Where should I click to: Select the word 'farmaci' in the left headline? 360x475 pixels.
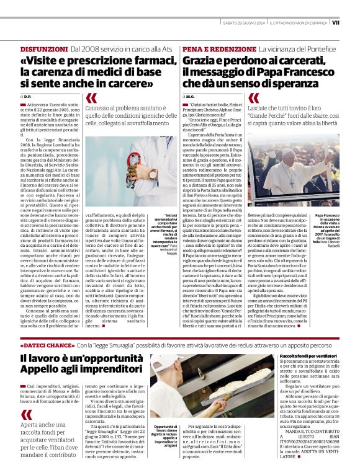coord(148,61)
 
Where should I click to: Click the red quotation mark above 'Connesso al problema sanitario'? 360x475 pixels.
coord(91,98)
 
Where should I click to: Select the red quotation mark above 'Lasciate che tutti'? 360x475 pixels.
coord(253,98)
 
